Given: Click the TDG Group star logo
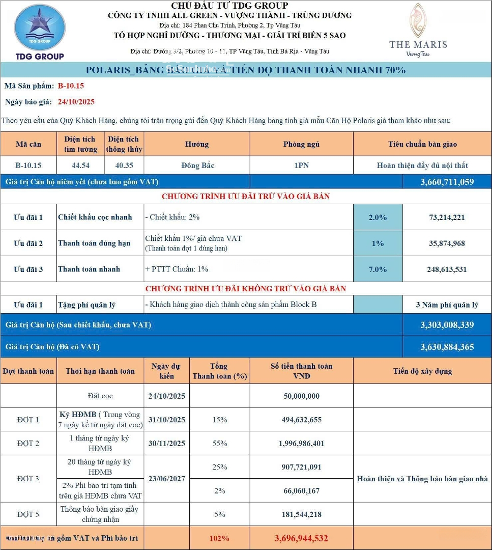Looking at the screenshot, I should click(39, 28).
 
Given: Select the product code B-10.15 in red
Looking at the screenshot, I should click(71, 86).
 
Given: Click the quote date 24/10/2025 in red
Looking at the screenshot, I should click(76, 102).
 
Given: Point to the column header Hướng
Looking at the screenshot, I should click(197, 145).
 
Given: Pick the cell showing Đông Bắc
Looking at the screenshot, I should click(197, 166).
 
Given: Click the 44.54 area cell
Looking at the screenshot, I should click(80, 166).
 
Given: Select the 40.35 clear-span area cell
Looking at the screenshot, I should click(124, 166).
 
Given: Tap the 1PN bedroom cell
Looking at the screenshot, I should click(301, 166).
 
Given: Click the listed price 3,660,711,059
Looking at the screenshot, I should click(447, 182).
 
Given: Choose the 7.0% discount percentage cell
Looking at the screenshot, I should click(378, 269).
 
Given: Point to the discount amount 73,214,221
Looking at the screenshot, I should click(447, 217).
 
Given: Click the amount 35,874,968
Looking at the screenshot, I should click(447, 243).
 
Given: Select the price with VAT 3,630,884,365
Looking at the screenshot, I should click(447, 347).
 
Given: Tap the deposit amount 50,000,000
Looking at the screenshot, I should click(301, 396).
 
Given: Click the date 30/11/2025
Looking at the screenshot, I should click(167, 444).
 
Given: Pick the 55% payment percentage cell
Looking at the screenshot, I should click(219, 444).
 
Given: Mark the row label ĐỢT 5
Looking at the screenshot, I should click(28, 514).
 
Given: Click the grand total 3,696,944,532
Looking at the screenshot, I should click(301, 538).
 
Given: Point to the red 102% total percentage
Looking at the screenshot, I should click(219, 538).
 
